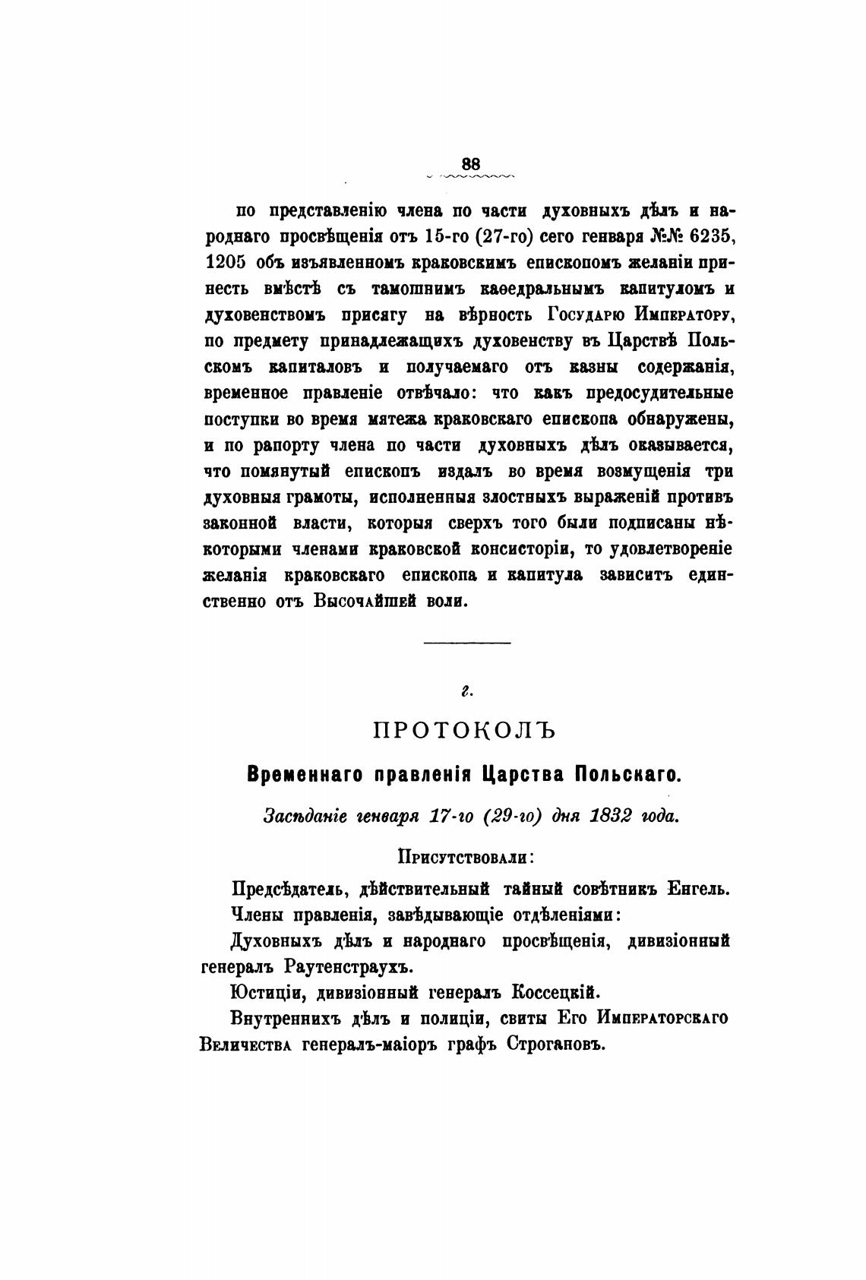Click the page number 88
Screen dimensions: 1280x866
471,163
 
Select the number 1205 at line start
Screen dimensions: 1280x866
224,263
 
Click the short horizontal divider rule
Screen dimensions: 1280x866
466,644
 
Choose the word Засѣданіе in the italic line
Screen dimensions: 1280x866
300,817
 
